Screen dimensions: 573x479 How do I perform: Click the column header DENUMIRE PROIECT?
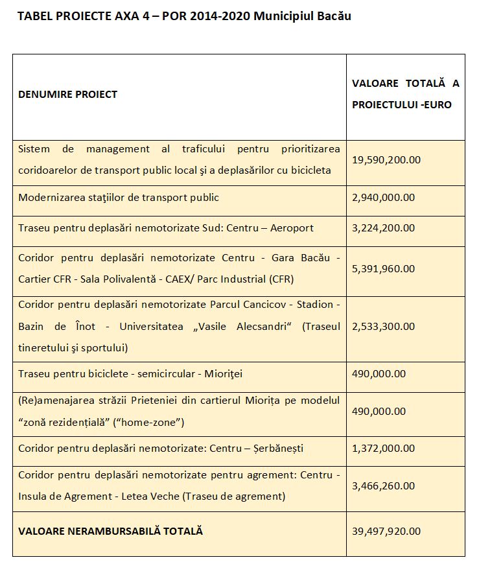click(68, 95)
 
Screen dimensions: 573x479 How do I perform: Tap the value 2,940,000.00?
click(383, 198)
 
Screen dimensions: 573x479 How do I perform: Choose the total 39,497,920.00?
click(386, 531)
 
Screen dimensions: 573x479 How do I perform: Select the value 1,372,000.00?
click(383, 449)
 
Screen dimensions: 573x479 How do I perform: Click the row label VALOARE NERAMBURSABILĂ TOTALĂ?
click(111, 531)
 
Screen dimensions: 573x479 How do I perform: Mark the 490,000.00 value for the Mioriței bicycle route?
click(379, 373)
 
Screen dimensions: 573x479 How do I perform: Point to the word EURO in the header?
click(436, 104)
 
